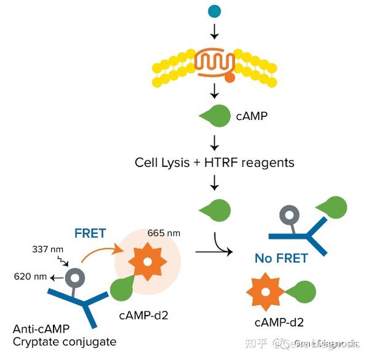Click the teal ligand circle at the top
tap(214, 11)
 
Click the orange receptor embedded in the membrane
tap(215, 63)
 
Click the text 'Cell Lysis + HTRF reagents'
tap(215, 162)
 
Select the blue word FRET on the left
tap(90, 233)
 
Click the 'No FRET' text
tap(281, 258)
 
